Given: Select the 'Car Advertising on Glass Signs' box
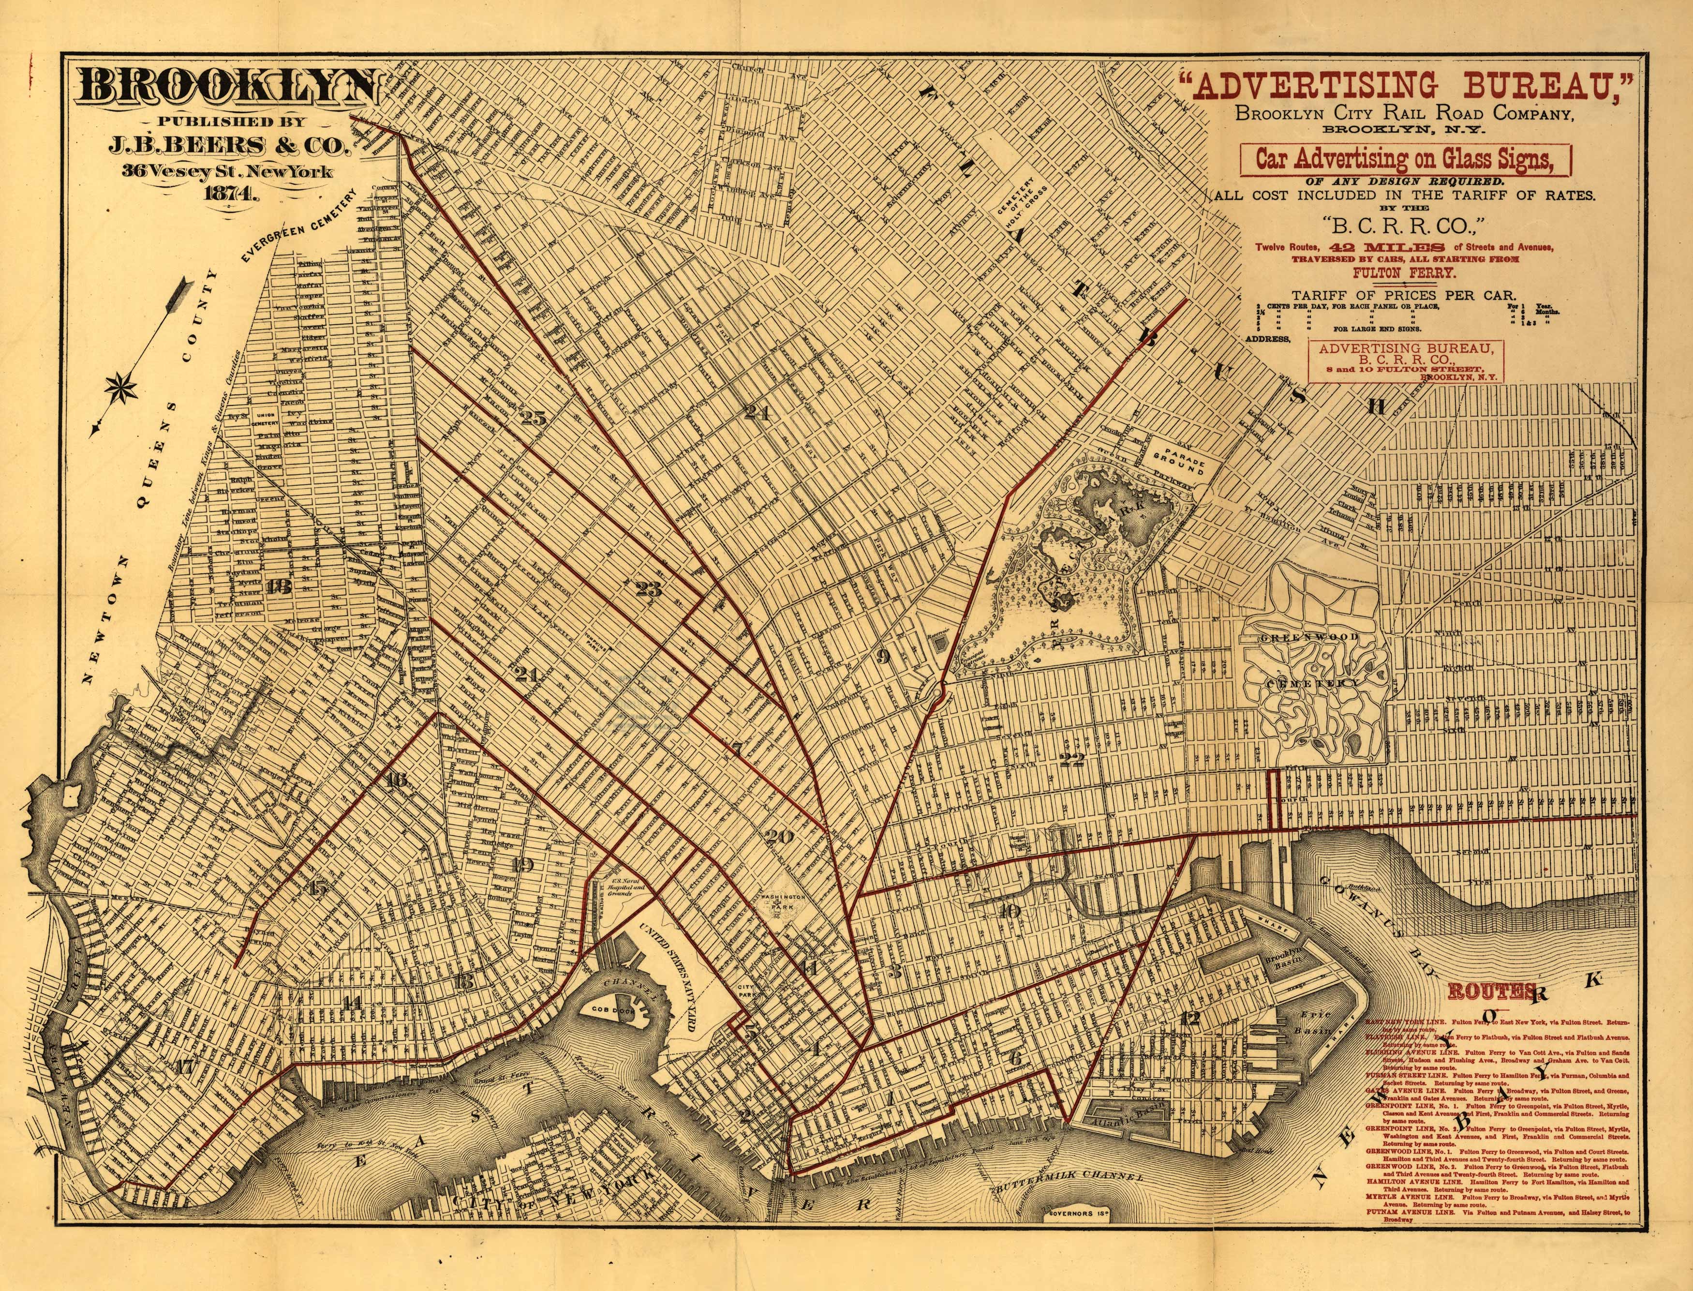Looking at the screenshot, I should (1406, 159).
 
